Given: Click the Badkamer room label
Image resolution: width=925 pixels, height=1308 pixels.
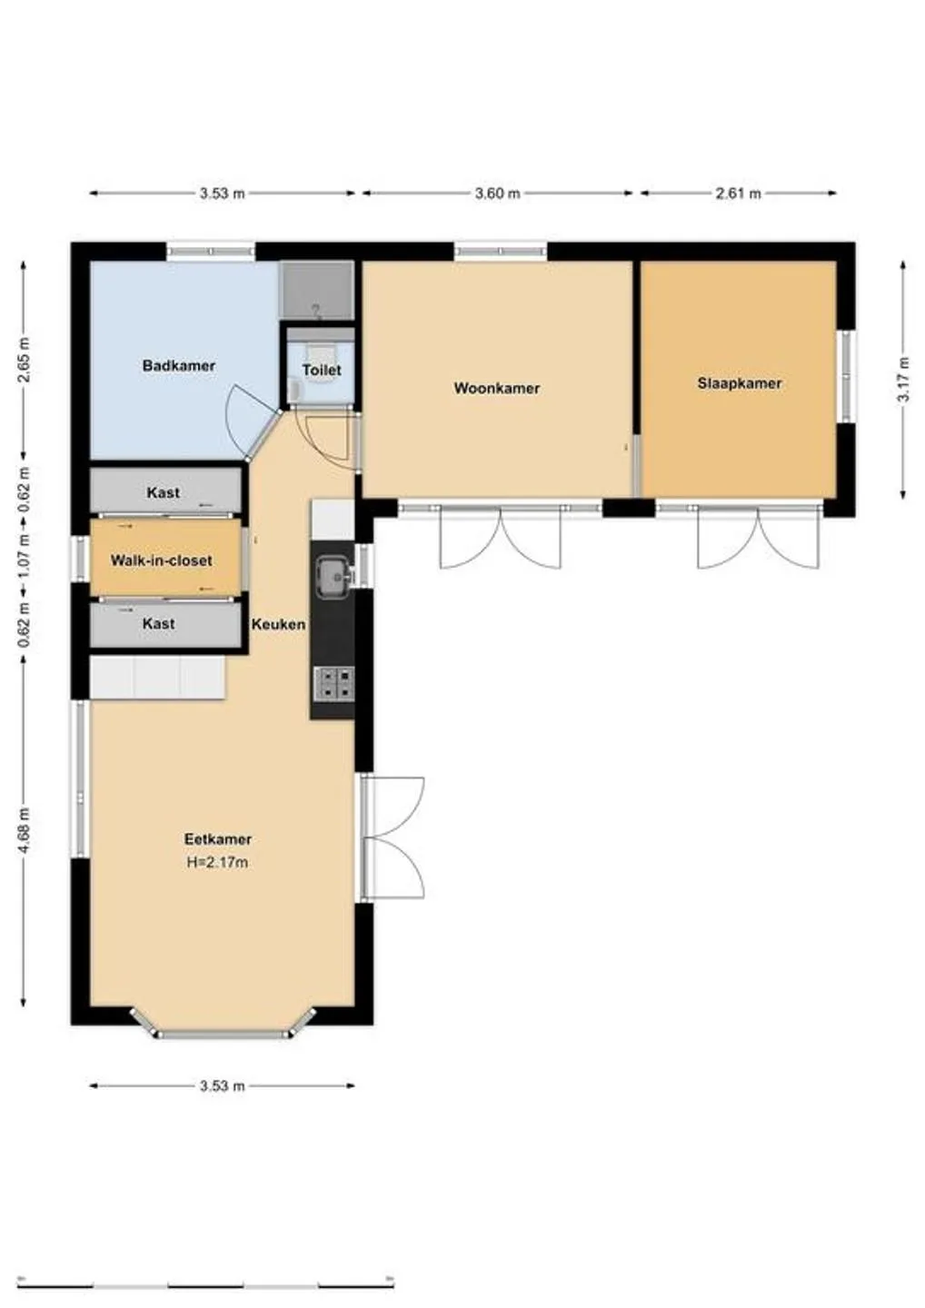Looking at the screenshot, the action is point(179,366).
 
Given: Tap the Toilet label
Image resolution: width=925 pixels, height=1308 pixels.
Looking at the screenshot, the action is point(322,371).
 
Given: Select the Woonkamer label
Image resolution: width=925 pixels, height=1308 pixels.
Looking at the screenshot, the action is point(497,389).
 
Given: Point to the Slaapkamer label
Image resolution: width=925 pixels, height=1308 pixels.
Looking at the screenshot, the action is point(740,383).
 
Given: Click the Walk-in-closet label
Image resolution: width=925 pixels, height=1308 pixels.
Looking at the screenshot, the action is point(161,560).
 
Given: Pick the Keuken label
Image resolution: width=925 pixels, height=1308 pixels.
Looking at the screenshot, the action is point(279,624).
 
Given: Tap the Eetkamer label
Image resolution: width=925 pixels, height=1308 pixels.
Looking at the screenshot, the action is point(218,839).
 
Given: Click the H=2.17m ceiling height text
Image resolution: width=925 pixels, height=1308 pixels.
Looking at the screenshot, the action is point(217,862).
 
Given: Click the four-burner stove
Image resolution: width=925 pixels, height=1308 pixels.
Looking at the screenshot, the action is point(334,684).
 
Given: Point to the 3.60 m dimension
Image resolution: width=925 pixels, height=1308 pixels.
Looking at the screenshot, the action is point(498,193).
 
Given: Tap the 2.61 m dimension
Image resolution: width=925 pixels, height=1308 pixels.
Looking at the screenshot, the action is point(739,193).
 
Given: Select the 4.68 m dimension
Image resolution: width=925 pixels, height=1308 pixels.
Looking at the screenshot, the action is point(24,830).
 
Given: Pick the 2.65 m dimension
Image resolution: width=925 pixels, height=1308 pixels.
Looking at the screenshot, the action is point(24,360).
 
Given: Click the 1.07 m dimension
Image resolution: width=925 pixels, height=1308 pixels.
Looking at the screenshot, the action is point(24,557).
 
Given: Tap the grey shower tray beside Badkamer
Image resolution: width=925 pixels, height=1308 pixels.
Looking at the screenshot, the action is point(317,291).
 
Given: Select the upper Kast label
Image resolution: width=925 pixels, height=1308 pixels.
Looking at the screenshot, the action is point(163,493).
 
